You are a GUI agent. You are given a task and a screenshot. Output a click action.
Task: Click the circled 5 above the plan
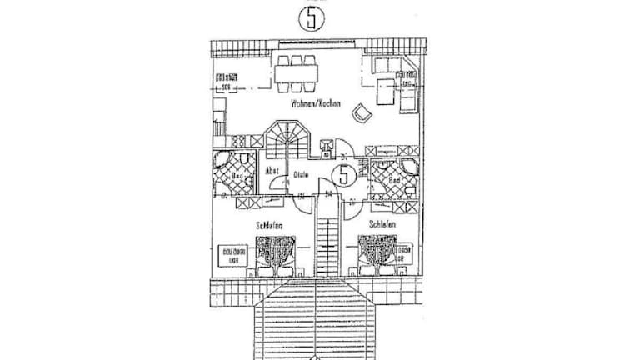click(312, 18)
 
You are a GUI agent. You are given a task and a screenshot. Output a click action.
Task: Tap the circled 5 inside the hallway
click(342, 175)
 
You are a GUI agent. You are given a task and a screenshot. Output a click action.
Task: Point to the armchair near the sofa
click(362, 112)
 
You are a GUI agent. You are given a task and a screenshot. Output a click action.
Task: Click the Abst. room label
click(272, 170)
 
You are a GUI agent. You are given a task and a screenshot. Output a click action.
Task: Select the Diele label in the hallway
click(301, 175)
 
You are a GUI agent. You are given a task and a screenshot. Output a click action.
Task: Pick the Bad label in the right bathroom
click(394, 179)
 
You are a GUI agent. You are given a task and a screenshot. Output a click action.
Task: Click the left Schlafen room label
click(269, 225)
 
